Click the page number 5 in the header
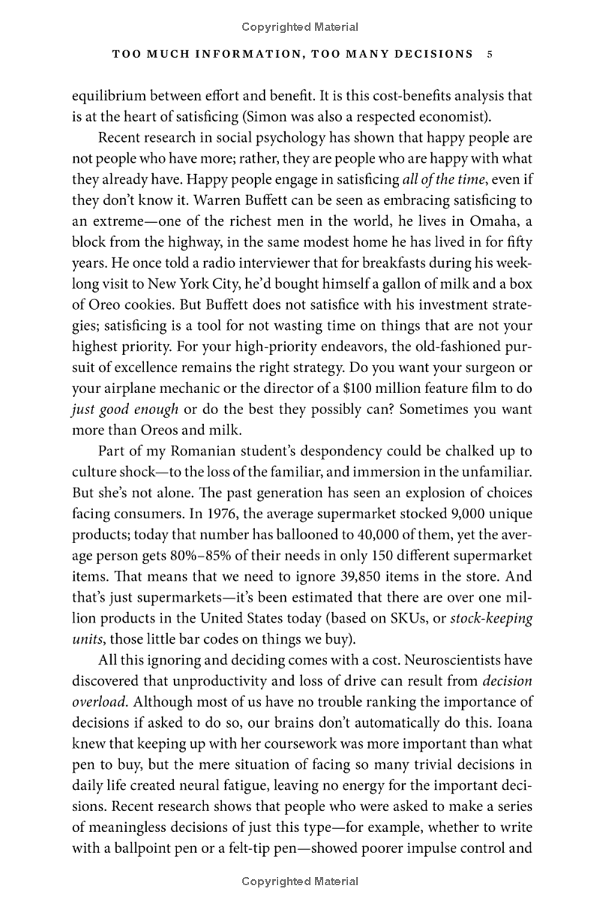[x=489, y=54]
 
